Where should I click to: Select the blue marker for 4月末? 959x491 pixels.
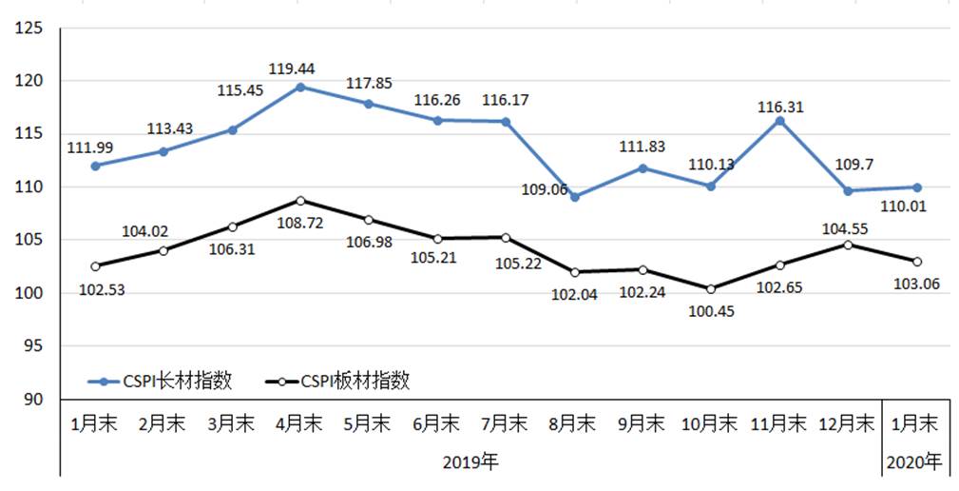tap(300, 87)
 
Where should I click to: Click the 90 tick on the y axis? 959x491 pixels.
tap(36, 399)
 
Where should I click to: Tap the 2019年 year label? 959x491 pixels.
tap(470, 463)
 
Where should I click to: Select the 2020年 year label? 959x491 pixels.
tap(913, 463)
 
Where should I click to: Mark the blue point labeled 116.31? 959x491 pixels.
tap(779, 121)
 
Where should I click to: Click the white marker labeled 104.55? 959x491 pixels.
tap(848, 245)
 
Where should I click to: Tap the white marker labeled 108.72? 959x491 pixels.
tap(300, 201)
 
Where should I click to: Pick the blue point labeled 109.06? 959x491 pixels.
tap(574, 197)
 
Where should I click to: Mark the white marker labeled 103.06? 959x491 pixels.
tap(916, 261)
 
